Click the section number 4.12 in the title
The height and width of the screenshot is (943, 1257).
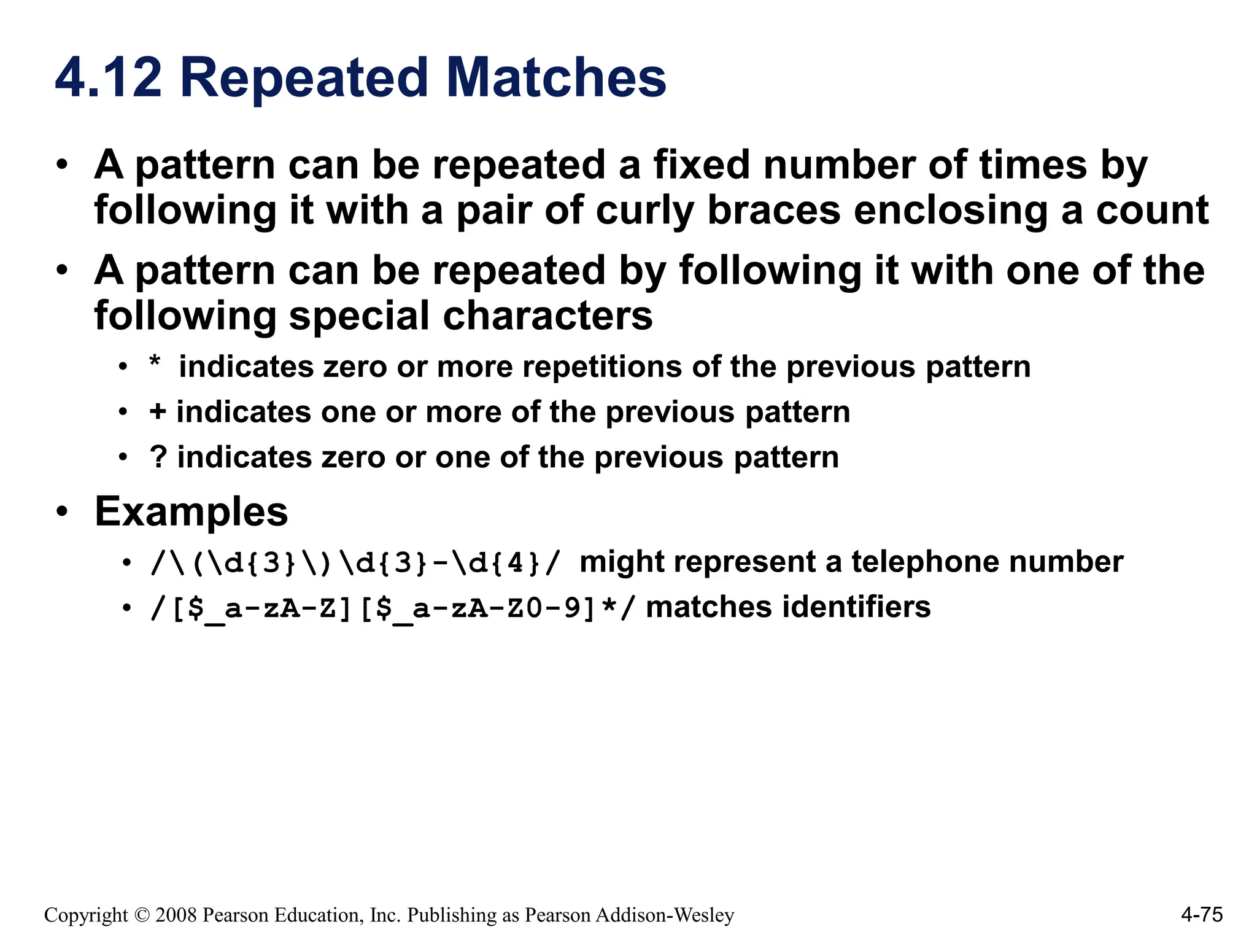(x=109, y=78)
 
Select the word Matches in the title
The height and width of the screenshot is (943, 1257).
(x=556, y=78)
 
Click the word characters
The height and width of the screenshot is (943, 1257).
(x=547, y=316)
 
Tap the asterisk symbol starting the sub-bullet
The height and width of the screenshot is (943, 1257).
(x=155, y=363)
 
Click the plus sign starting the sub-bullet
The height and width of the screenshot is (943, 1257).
(x=158, y=412)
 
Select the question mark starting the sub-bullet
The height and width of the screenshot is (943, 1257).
(x=158, y=457)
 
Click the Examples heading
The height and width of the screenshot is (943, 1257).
(x=191, y=511)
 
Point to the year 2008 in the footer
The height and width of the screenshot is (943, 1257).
(x=176, y=915)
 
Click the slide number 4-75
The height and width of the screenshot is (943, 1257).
(x=1202, y=915)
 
